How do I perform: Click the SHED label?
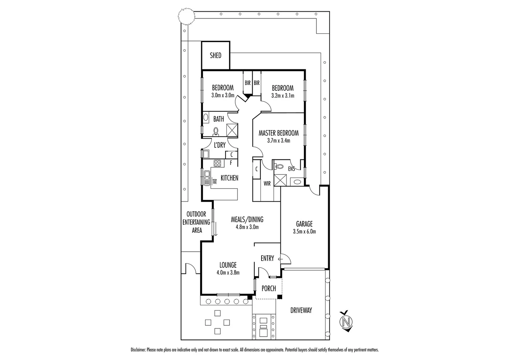coord(216,55)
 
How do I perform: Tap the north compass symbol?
coord(346,322)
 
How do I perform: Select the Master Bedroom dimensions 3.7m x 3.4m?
coord(278,141)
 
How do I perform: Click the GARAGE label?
coord(304,224)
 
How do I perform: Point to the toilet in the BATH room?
coord(216,132)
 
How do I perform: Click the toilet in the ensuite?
coord(279,166)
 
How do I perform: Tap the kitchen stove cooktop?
coord(217,163)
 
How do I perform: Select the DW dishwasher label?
coord(215,182)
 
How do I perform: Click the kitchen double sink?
coord(207,176)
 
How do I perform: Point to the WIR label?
coord(267,184)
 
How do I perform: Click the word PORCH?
coord(268,288)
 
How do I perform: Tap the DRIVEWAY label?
coord(301,310)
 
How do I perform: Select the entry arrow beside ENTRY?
coord(280,258)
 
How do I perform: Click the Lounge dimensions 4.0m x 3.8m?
coord(228,272)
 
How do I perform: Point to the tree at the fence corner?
coord(186,16)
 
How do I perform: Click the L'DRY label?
coord(220,145)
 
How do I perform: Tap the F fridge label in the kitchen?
coord(231,163)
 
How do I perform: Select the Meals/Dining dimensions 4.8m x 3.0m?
coord(247,227)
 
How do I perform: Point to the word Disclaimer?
coord(138,350)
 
